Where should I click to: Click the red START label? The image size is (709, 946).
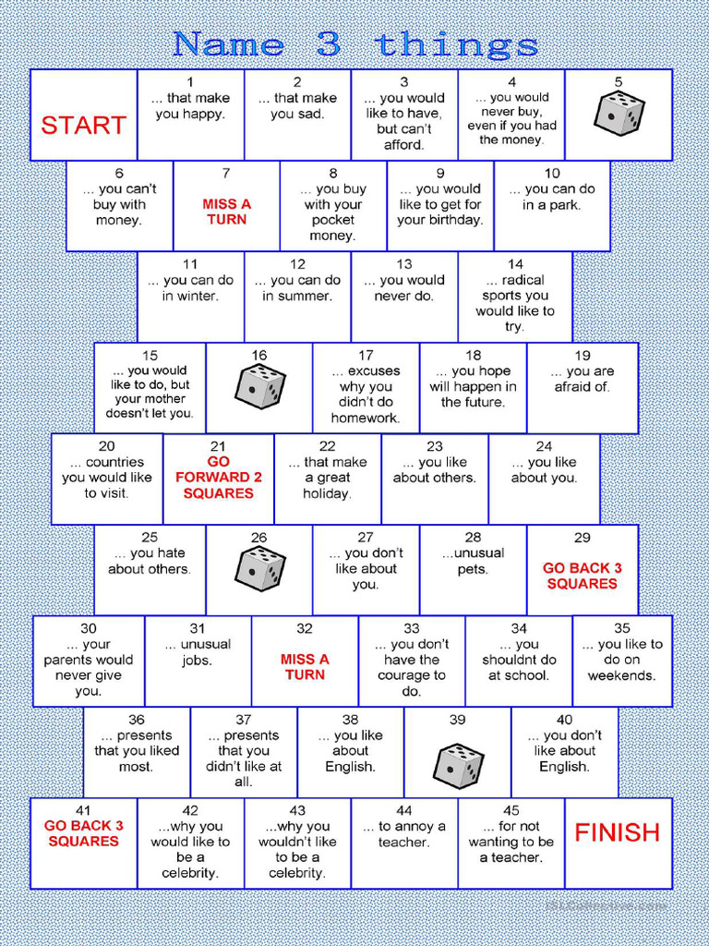tap(83, 126)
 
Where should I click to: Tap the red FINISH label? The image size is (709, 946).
tap(618, 832)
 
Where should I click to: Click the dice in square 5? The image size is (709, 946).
tap(619, 115)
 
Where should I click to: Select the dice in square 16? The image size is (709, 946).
tap(259, 387)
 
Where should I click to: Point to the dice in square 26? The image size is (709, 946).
tap(259, 569)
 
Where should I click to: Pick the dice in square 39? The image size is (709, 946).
tap(458, 766)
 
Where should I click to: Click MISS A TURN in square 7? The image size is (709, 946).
tap(227, 212)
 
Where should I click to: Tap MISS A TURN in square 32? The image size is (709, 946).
tap(305, 667)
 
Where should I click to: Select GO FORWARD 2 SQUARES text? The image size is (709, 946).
tap(218, 478)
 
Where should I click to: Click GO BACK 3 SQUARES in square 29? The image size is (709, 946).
tap(583, 576)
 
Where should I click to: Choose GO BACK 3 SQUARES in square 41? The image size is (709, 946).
tap(83, 833)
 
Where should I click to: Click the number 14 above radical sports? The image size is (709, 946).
tap(515, 264)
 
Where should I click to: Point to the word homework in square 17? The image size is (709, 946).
tap(366, 418)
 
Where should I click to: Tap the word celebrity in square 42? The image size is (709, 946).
tap(190, 873)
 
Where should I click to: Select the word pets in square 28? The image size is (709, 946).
tap(473, 569)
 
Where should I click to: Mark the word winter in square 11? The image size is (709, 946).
tap(190, 297)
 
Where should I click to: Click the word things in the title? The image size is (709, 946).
tap(457, 44)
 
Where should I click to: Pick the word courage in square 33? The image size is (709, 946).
tap(412, 675)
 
